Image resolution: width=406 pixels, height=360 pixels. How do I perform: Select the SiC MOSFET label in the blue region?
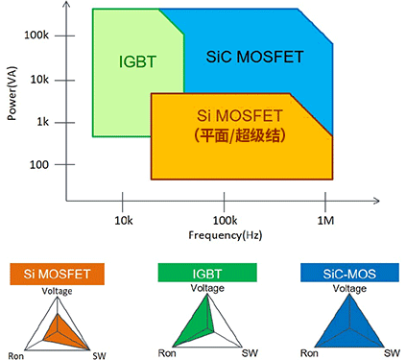tap(247, 57)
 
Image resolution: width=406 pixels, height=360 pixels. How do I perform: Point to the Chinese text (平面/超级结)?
tap(241, 135)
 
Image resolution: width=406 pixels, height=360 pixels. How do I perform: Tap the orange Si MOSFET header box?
tap(57, 274)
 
